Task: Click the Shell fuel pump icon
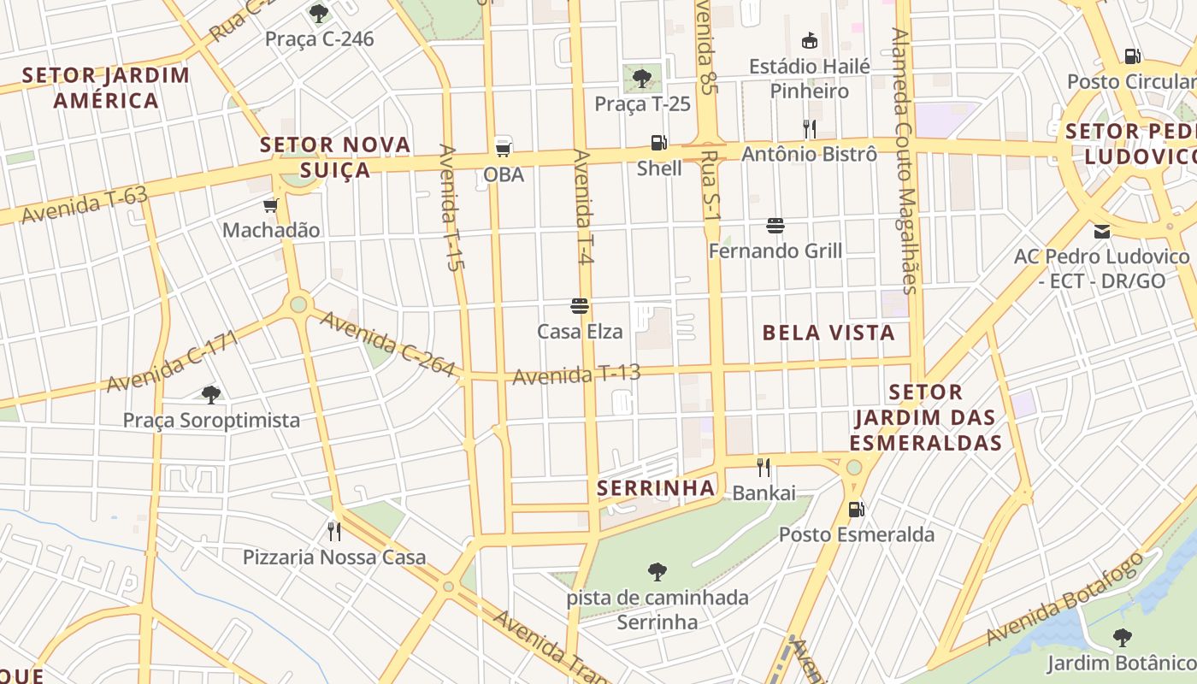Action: point(658,143)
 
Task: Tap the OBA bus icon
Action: point(504,147)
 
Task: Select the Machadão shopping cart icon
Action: point(271,205)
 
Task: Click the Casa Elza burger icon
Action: point(580,306)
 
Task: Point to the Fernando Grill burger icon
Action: point(775,226)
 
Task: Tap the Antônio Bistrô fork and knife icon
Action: point(809,129)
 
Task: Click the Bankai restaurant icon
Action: point(764,468)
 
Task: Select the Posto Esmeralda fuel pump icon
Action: point(856,510)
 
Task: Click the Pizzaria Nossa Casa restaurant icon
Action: point(334,532)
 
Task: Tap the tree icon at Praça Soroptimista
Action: point(211,394)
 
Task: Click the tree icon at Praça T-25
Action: point(642,79)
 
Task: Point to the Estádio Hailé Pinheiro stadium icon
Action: point(809,40)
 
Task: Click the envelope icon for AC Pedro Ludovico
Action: point(1101,231)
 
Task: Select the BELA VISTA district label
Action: point(828,333)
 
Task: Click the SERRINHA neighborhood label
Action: point(656,488)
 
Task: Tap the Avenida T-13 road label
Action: point(576,374)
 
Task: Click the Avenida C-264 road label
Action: point(386,343)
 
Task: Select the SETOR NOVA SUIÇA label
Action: point(336,157)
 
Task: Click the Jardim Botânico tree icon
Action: point(1122,638)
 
